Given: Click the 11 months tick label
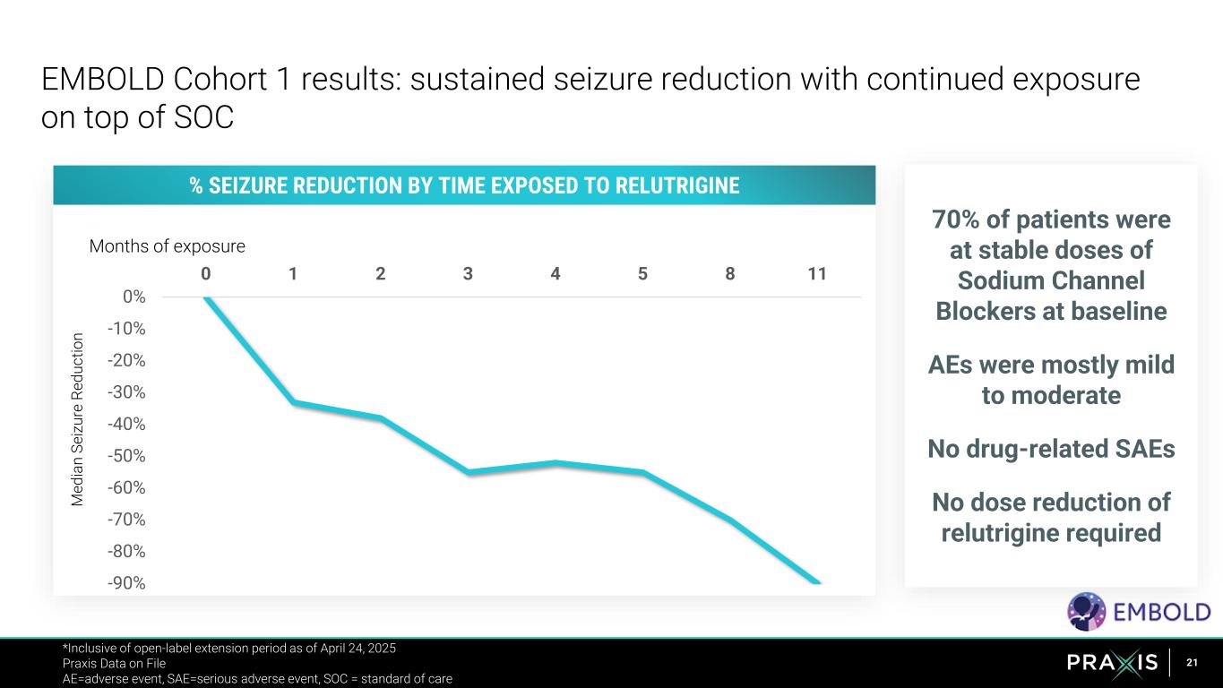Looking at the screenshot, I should coord(816,273).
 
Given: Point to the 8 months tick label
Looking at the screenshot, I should coord(730,273).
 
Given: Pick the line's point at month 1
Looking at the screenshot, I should coord(293,402).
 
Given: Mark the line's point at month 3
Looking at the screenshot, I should coord(469,471).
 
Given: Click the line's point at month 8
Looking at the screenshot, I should coord(730,520).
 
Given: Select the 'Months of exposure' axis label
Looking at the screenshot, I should coord(167,245).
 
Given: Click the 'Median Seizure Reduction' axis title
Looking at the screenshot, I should coord(78,419).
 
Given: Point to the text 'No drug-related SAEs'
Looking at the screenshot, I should coord(1051,448).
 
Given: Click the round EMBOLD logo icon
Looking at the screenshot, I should coord(1086,611).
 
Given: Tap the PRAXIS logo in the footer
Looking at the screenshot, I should coord(1113,663).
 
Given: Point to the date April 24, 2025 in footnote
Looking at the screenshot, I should coord(357,648).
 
